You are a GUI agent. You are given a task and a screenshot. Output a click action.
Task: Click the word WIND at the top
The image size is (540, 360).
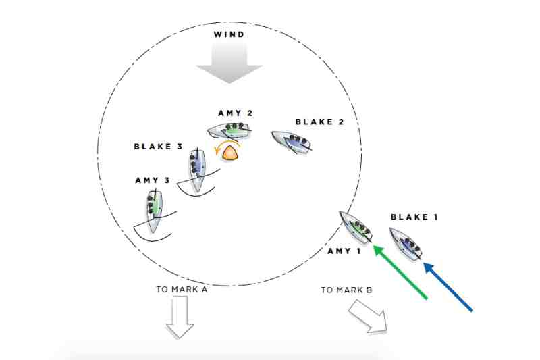coord(229,34)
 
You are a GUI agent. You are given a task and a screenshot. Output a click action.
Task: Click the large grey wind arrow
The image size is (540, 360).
coord(230,62)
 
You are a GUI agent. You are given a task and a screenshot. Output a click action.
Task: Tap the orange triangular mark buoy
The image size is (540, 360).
coord(231,153)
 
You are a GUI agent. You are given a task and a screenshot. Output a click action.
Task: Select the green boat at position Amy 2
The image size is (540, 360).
coord(229,130)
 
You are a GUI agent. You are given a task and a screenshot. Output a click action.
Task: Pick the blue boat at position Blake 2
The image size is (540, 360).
coord(292,142)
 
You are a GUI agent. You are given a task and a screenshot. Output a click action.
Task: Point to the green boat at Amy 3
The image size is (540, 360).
coord(153,211)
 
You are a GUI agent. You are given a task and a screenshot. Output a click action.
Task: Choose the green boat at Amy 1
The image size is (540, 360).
coord(356,228)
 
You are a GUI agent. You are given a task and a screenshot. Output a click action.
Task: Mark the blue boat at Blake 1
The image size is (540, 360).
coord(406,244)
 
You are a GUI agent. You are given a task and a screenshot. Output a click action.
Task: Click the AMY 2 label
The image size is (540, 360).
coord(236,113)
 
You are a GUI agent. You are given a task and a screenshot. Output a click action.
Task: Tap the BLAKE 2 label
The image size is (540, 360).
coord(319,122)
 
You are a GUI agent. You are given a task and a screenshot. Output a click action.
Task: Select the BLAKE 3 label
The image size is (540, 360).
coord(158,147)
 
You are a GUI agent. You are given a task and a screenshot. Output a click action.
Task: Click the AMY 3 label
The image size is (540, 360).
coord(153,180)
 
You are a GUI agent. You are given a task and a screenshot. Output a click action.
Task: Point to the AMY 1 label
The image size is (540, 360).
coord(344,251)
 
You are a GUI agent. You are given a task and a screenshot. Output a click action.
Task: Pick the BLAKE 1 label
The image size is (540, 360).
coord(414,217)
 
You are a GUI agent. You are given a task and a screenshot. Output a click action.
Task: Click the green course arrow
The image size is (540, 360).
coord(400,272)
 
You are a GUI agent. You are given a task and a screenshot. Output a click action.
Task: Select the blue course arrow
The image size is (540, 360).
coord(448,287)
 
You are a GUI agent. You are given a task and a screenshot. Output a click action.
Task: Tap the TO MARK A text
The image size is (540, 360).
coord(182,289)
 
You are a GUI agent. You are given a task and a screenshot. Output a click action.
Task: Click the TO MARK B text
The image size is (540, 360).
coord(346,290)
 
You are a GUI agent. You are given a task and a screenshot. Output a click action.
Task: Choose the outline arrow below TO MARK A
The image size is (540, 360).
coord(180,317)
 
